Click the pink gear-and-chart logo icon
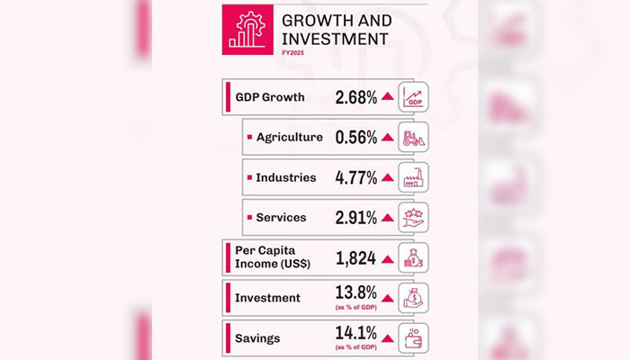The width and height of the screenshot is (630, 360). [244, 30]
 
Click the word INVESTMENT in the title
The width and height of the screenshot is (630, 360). [336, 39]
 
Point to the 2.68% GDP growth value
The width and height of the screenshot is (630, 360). [355, 97]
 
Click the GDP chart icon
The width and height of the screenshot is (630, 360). [414, 97]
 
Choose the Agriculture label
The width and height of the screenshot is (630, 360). [289, 137]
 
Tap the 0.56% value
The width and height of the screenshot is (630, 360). [355, 137]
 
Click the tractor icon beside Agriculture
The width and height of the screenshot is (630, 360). [414, 137]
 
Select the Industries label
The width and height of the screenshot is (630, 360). [285, 177]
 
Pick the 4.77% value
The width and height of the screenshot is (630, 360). [355, 177]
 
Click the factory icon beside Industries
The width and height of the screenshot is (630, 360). [414, 177]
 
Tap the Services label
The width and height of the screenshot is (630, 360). [281, 217]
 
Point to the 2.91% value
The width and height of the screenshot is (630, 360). [355, 217]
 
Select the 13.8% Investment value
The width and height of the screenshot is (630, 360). [355, 295]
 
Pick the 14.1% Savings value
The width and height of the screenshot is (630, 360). [355, 337]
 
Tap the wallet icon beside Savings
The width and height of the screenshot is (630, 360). [414, 338]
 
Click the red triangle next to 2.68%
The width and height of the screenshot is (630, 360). [387, 97]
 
